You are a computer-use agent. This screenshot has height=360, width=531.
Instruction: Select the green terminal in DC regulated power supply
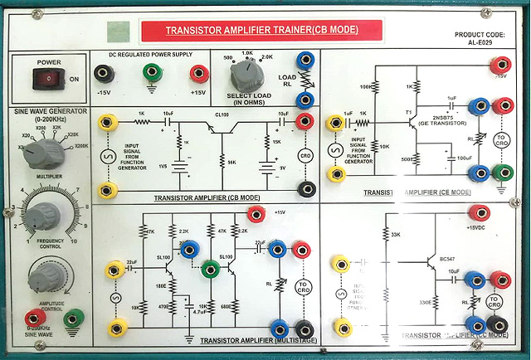click(151, 74)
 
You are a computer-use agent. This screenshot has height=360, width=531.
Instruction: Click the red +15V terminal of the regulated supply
click(198, 74)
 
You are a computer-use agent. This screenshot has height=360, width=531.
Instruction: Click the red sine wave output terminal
click(34, 317)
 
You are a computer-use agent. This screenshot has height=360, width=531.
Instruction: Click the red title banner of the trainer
click(261, 31)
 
